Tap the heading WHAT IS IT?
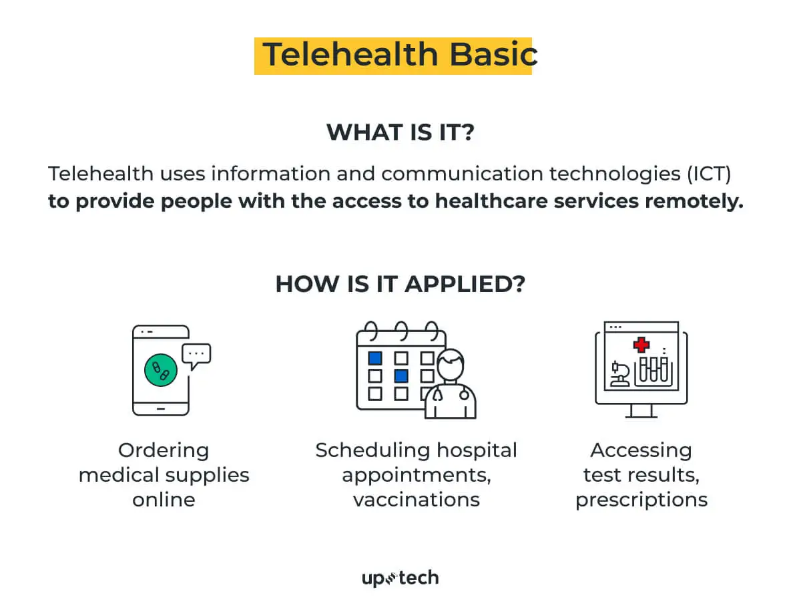[400, 132]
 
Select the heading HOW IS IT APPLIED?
[400, 284]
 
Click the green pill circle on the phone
[161, 369]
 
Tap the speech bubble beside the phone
[196, 355]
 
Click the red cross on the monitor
[641, 345]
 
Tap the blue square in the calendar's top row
[375, 357]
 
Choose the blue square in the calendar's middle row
[401, 375]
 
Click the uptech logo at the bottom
[400, 578]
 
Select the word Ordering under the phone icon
[164, 450]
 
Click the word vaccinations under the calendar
[417, 500]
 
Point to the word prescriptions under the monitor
[641, 500]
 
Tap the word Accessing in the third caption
[641, 450]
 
